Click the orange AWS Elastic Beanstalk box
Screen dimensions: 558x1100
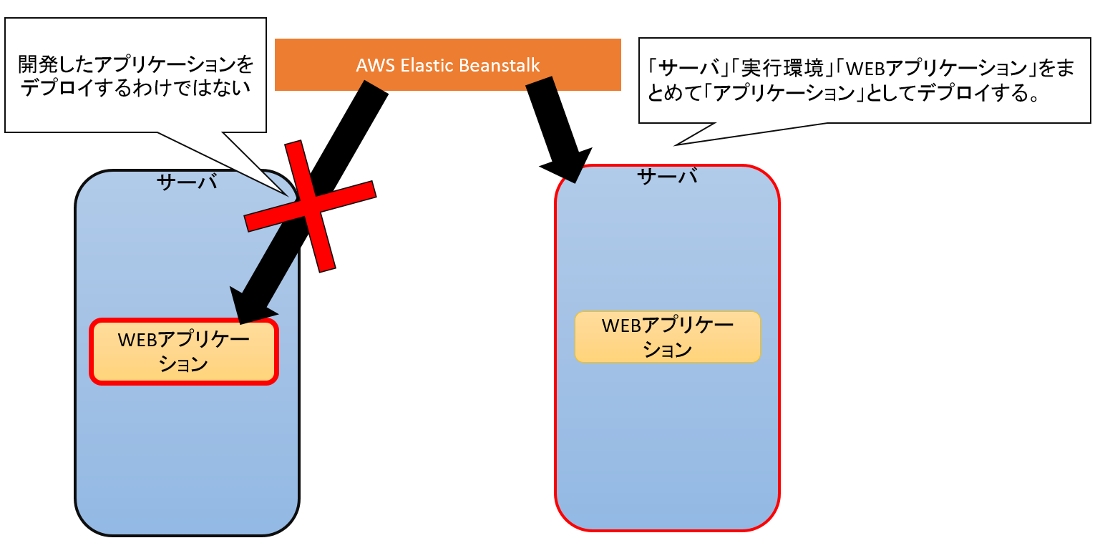[447, 64]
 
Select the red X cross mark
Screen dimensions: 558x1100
[310, 206]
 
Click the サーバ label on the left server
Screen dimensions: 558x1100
[187, 183]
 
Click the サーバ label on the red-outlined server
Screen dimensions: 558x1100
[666, 177]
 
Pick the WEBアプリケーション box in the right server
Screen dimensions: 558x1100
[667, 337]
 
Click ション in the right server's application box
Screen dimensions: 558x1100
[667, 350]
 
